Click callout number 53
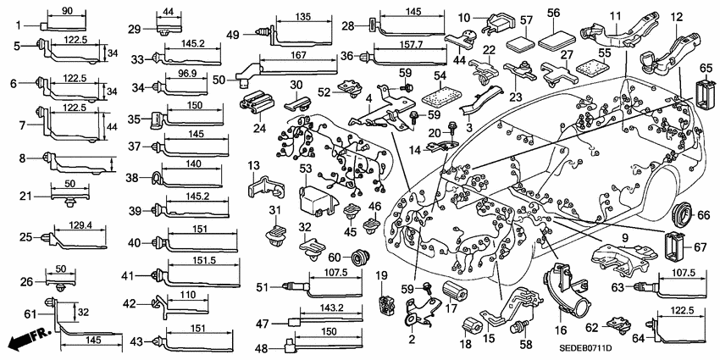click(306, 170)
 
